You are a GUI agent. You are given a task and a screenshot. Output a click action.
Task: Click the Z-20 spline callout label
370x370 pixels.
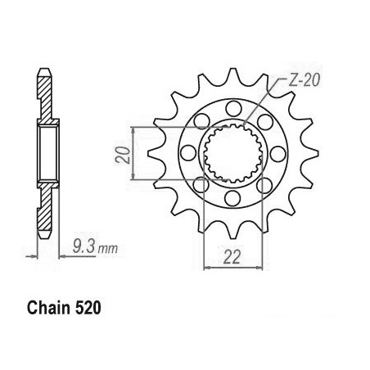click(303, 80)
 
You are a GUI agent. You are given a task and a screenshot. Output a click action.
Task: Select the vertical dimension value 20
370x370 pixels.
click(122, 155)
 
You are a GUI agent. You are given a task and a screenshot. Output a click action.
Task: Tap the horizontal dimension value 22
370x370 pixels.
click(232, 257)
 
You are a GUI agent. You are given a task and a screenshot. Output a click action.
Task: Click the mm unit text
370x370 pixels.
click(108, 248)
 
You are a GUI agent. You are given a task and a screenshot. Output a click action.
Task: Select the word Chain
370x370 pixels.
click(48, 308)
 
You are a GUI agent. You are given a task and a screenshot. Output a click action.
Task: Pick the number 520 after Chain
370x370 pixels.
click(88, 308)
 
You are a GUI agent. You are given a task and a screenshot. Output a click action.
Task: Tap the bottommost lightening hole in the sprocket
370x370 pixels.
click(232, 198)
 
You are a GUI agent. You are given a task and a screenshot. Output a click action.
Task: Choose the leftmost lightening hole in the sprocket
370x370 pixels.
click(188, 153)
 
